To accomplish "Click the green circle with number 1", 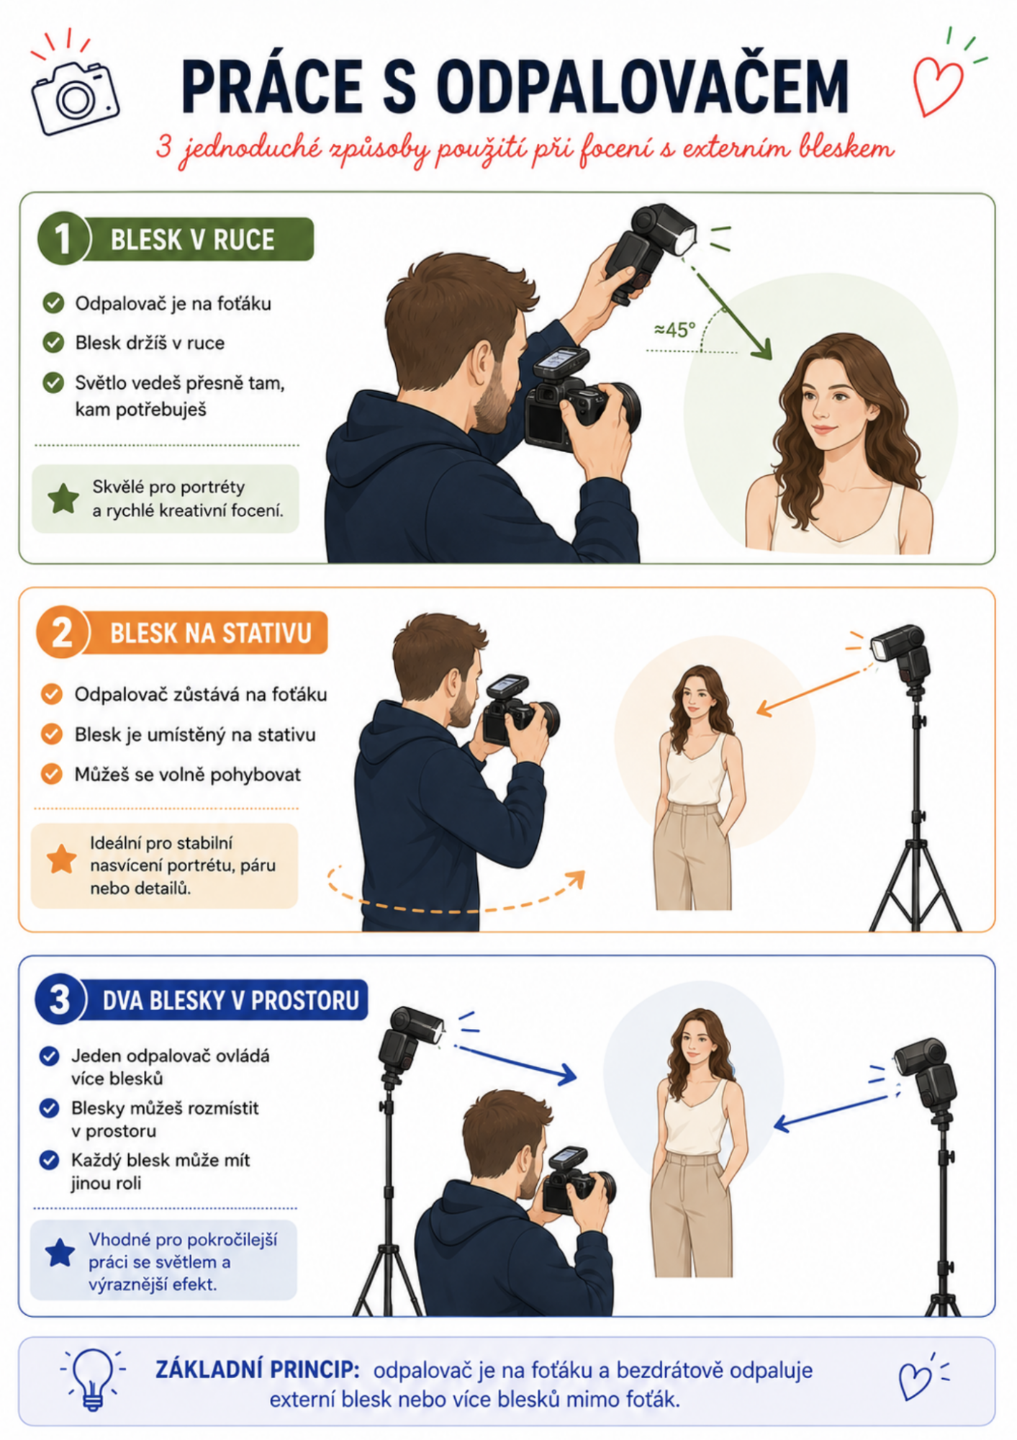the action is point(63,238).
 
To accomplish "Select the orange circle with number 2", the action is point(62,632).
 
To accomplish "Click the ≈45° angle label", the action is point(674,330).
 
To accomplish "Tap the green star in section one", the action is point(63,498).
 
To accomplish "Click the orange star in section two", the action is point(62,859).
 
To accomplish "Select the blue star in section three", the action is point(60,1253).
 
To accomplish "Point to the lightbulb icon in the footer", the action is point(93,1379).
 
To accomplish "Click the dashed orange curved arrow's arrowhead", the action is point(575,880).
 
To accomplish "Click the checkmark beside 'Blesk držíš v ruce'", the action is point(53,342).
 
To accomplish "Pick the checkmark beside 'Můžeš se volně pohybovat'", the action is point(52,774).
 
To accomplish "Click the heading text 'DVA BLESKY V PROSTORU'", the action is point(231,1001).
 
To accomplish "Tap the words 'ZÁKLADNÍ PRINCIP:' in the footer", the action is point(257,1369).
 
